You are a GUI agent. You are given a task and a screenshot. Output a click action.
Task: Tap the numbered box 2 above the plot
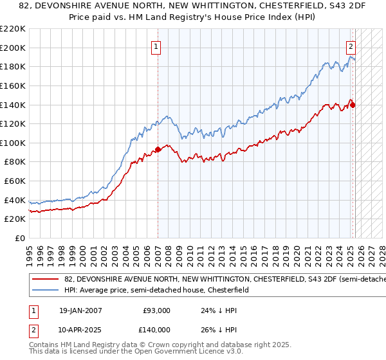351,46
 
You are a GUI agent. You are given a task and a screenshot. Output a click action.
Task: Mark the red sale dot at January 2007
158,150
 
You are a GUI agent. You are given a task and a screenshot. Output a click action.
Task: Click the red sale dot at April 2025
353,105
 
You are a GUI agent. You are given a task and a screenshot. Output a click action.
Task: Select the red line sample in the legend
45,280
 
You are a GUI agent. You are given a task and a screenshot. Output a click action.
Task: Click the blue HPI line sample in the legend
45,291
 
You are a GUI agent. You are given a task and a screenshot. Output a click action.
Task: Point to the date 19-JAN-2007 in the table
80,310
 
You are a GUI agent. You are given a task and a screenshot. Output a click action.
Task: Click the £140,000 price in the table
156,330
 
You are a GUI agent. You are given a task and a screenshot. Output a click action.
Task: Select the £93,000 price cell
156,310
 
